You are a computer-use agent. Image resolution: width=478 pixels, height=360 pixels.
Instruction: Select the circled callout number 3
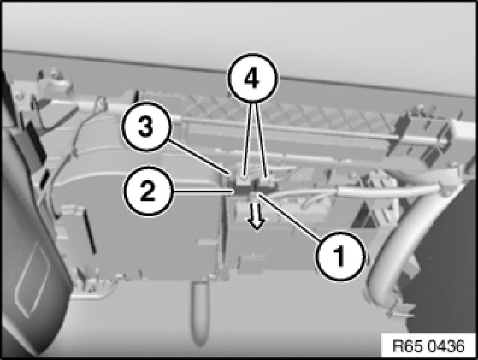coord(146,127)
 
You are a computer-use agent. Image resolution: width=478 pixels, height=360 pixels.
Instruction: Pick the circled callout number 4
coord(252,78)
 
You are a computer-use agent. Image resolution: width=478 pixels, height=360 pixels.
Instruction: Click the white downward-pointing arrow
coord(257,216)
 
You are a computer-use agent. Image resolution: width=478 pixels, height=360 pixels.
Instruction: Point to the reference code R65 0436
coord(429,346)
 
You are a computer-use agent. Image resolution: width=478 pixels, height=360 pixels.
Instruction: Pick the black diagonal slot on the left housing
coord(90,232)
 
